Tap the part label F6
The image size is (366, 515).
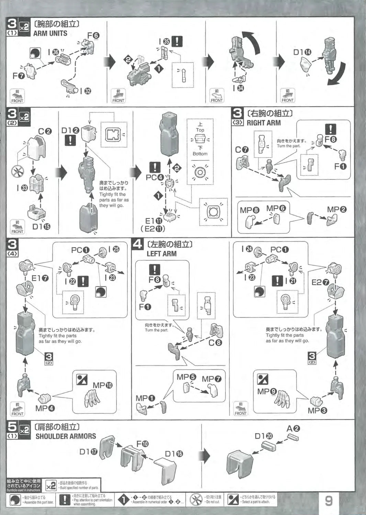coord(93,36)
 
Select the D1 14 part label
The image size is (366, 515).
coord(302,52)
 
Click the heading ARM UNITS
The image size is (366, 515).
coord(50,33)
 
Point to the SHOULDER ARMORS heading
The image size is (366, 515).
coord(66,436)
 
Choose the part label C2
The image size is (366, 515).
coord(45,131)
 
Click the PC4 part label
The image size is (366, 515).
coord(155,177)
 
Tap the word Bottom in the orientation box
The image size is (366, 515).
coord(200,154)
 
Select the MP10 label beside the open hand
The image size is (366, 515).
coord(102,385)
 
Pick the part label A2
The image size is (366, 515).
coord(293,428)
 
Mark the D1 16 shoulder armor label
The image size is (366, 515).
coord(174,454)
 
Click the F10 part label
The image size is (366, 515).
coord(142,444)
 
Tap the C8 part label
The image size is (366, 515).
coord(215,342)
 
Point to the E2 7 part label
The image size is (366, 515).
coord(320,282)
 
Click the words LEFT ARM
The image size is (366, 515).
coord(162,254)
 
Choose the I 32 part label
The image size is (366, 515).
coord(86,91)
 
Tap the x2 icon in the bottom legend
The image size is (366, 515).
coord(51,485)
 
